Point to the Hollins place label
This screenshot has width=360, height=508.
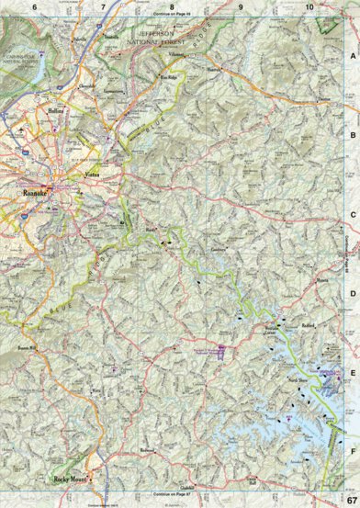click(56, 109)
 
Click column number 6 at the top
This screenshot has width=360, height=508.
click(34, 7)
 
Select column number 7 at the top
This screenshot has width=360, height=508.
click(103, 7)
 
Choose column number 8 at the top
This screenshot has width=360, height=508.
click(172, 7)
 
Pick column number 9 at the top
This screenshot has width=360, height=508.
click(241, 7)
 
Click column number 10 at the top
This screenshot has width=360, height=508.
click(309, 7)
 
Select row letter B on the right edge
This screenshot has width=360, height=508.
click(353, 135)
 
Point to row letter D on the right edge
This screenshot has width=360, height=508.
click(353, 294)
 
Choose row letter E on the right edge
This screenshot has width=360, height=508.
click(353, 373)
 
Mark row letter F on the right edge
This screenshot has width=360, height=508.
click(353, 451)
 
